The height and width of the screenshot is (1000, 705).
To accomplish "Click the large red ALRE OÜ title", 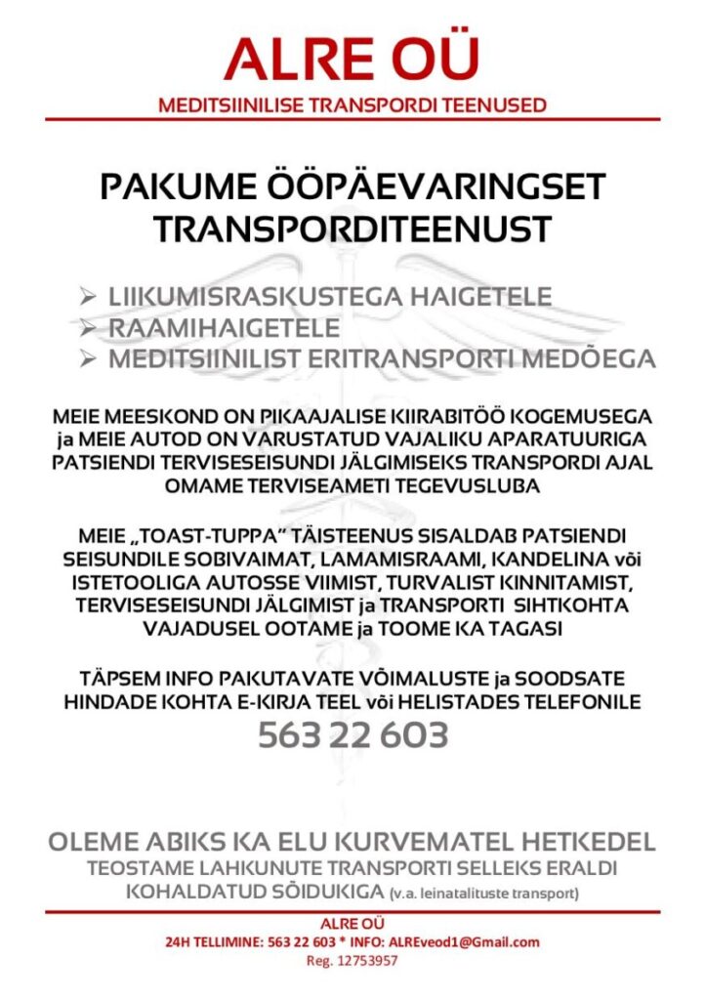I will pos(352,60).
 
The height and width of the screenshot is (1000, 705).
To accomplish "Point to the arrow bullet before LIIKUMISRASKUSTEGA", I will pos(89,295).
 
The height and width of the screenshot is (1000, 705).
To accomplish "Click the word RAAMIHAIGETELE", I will pos(224,327).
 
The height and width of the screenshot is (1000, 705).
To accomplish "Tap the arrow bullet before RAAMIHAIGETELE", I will pos(89,327).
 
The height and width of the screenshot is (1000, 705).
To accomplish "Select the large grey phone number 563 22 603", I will pos(352,734).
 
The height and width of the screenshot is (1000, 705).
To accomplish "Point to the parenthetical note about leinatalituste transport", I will pos(483,894).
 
